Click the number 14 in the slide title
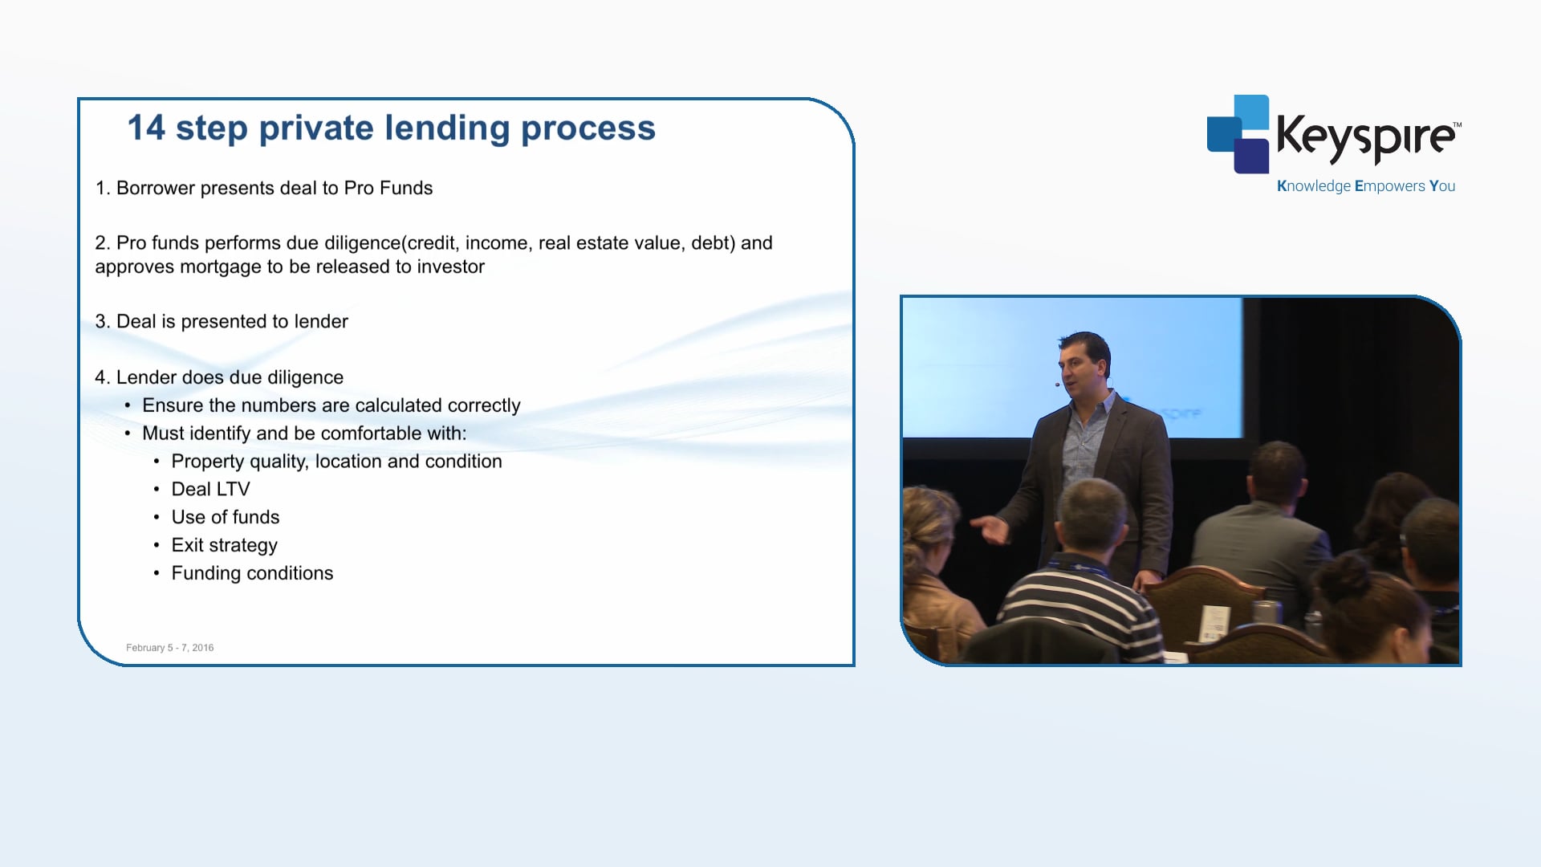[x=146, y=128]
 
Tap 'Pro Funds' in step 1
[x=388, y=188]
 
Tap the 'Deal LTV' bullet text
[x=210, y=489]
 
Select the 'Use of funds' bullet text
[x=226, y=517]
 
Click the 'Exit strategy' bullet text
[x=224, y=546]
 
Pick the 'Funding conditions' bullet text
[x=252, y=573]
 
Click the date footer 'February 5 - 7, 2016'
[x=170, y=648]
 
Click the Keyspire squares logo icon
[x=1238, y=134]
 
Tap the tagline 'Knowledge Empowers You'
[x=1366, y=186]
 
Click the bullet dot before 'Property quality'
[x=157, y=462]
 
